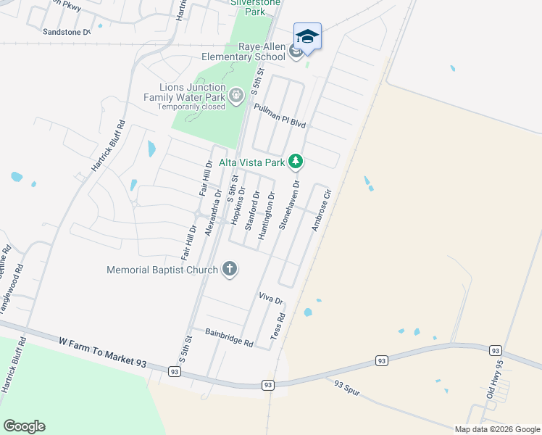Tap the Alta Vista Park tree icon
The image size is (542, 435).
point(295,161)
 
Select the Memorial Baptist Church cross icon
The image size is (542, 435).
point(229,270)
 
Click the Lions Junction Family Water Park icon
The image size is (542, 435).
point(235,95)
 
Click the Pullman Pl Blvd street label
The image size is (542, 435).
point(280,115)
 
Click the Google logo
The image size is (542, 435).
point(24,426)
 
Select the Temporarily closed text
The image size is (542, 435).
point(191,107)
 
